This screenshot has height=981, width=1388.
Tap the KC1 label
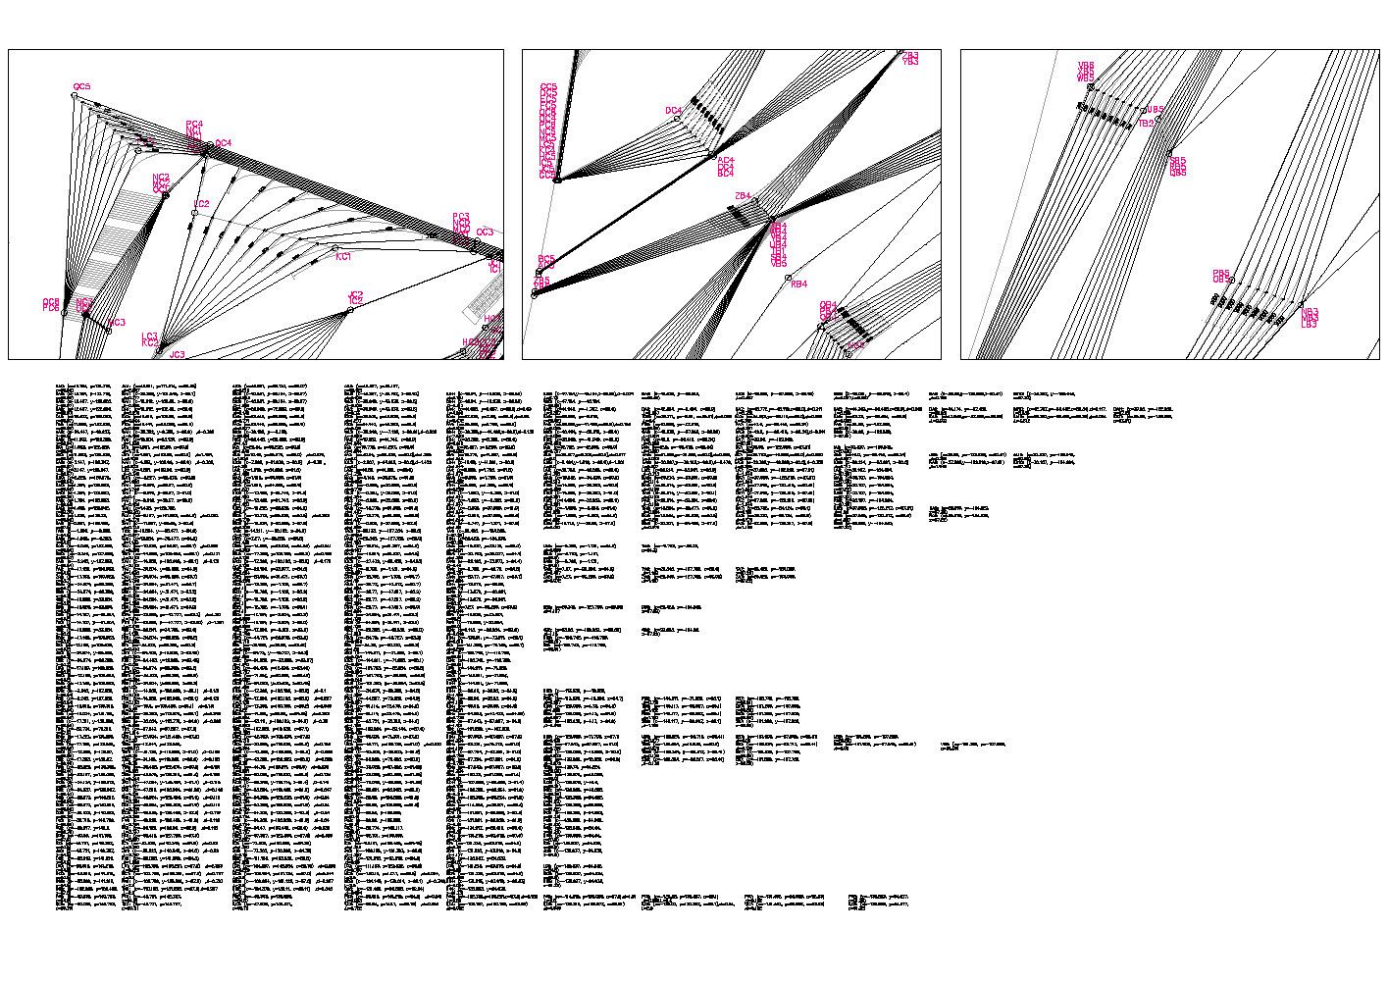[x=343, y=257]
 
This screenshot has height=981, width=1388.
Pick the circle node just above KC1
[x=335, y=248]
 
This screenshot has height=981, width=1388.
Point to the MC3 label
[x=118, y=323]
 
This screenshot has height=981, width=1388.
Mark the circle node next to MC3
[x=108, y=331]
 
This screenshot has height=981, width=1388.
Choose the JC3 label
[x=178, y=354]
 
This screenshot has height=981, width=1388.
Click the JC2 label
[x=356, y=294]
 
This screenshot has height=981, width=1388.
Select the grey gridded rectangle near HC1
[x=484, y=294]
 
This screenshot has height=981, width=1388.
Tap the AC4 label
[x=726, y=160]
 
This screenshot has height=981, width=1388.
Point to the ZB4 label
[x=743, y=196]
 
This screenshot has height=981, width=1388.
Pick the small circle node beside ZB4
[x=754, y=201]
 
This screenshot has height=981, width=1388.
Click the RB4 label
[x=799, y=284]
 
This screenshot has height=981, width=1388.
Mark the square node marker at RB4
[x=788, y=278]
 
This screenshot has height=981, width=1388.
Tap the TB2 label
[x=1146, y=124]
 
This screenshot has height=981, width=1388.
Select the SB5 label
[x=1178, y=161]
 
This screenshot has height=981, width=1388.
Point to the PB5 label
[x=1221, y=274]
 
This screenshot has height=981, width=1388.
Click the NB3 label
[x=1310, y=318]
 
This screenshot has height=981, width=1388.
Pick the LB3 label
[x=1310, y=325]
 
